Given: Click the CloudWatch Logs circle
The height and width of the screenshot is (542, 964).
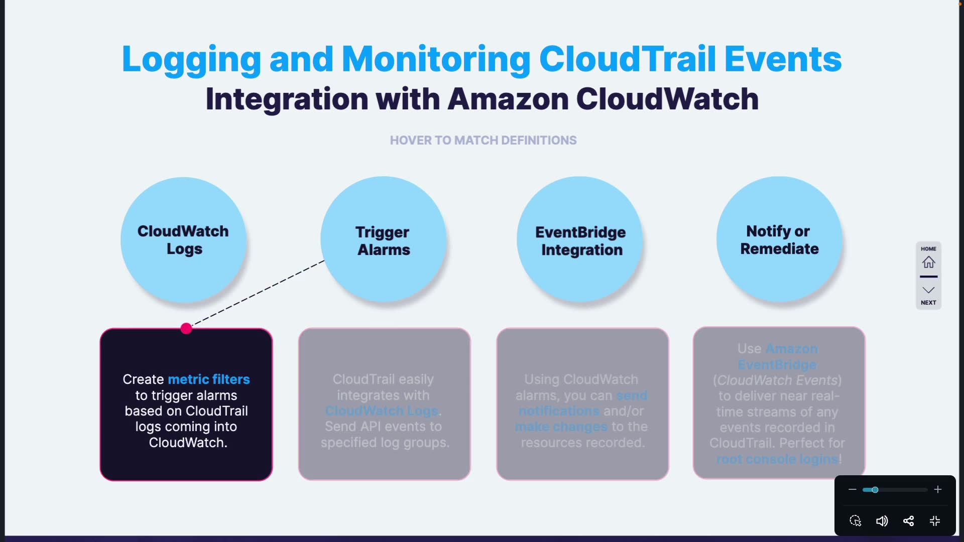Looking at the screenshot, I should tap(183, 240).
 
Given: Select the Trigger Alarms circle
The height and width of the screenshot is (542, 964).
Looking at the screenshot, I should tap(383, 240).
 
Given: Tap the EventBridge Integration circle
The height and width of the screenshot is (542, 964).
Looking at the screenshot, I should tap(580, 240).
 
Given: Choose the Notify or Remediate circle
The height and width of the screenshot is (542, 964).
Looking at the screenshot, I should tap(779, 239).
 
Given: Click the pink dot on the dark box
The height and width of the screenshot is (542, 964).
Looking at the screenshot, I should tap(186, 328).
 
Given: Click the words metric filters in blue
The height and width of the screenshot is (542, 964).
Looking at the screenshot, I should tap(208, 379).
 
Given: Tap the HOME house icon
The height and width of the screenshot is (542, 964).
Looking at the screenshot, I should tap(928, 262).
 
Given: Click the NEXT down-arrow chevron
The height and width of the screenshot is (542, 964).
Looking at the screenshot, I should tap(928, 290).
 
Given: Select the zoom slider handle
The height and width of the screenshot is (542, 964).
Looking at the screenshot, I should tap(875, 490).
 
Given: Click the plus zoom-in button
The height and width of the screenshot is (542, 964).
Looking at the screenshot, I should tap(937, 489).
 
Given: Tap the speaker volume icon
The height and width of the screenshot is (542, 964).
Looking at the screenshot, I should tap(882, 521).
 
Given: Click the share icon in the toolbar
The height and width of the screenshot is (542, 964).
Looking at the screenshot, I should tap(908, 521).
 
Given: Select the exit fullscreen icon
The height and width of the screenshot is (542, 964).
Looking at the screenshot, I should tap(935, 521).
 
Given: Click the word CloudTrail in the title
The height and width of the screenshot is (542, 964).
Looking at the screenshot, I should tap(627, 59).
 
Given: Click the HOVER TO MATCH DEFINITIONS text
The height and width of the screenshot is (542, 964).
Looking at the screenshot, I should tap(483, 141).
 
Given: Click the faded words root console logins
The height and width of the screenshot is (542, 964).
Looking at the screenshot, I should tap(777, 459).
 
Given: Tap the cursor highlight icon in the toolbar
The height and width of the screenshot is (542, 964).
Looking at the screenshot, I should tap(855, 521).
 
